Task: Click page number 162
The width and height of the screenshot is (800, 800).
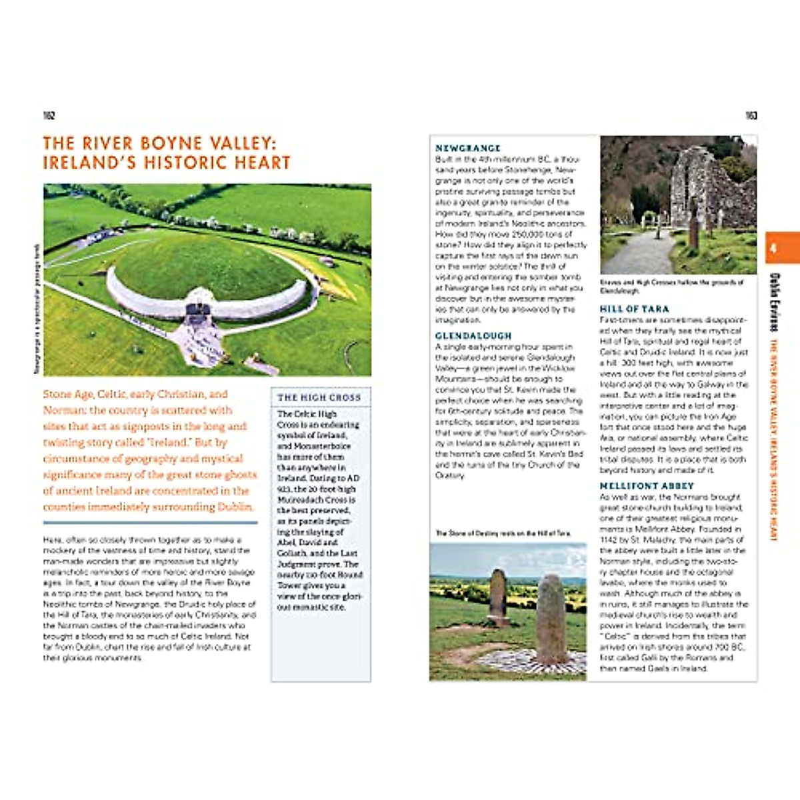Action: [49, 116]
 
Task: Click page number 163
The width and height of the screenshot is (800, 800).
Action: [751, 116]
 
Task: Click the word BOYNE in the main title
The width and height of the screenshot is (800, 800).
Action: [168, 143]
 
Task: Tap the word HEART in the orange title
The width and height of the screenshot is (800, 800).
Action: [265, 163]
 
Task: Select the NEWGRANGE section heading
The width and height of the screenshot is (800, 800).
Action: [467, 148]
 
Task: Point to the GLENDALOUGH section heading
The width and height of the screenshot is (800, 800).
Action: [473, 336]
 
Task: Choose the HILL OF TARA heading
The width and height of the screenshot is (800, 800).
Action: [634, 309]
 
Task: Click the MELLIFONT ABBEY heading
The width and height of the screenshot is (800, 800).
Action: [647, 486]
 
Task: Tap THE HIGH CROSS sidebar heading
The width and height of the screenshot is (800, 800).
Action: [319, 397]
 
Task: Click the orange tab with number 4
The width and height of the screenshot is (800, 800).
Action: [781, 248]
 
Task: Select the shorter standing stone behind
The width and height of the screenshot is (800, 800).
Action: [498, 596]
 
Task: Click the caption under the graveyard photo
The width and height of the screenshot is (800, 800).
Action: [671, 286]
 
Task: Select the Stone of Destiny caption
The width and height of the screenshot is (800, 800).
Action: [503, 533]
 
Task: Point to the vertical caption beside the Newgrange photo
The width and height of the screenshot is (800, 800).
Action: [38, 309]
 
